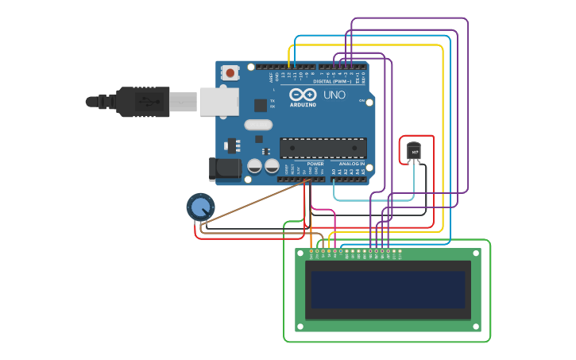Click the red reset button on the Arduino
(230, 73)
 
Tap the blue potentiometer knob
(199, 207)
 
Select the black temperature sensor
(414, 151)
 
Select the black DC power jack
(225, 168)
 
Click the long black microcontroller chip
(323, 148)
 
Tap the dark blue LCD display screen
(388, 289)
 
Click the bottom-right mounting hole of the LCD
(476, 326)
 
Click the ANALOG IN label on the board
(352, 164)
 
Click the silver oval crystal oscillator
(258, 124)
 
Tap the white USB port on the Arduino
(219, 102)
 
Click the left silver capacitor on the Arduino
(255, 166)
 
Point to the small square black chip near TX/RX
(261, 105)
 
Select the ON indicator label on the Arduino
(361, 101)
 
